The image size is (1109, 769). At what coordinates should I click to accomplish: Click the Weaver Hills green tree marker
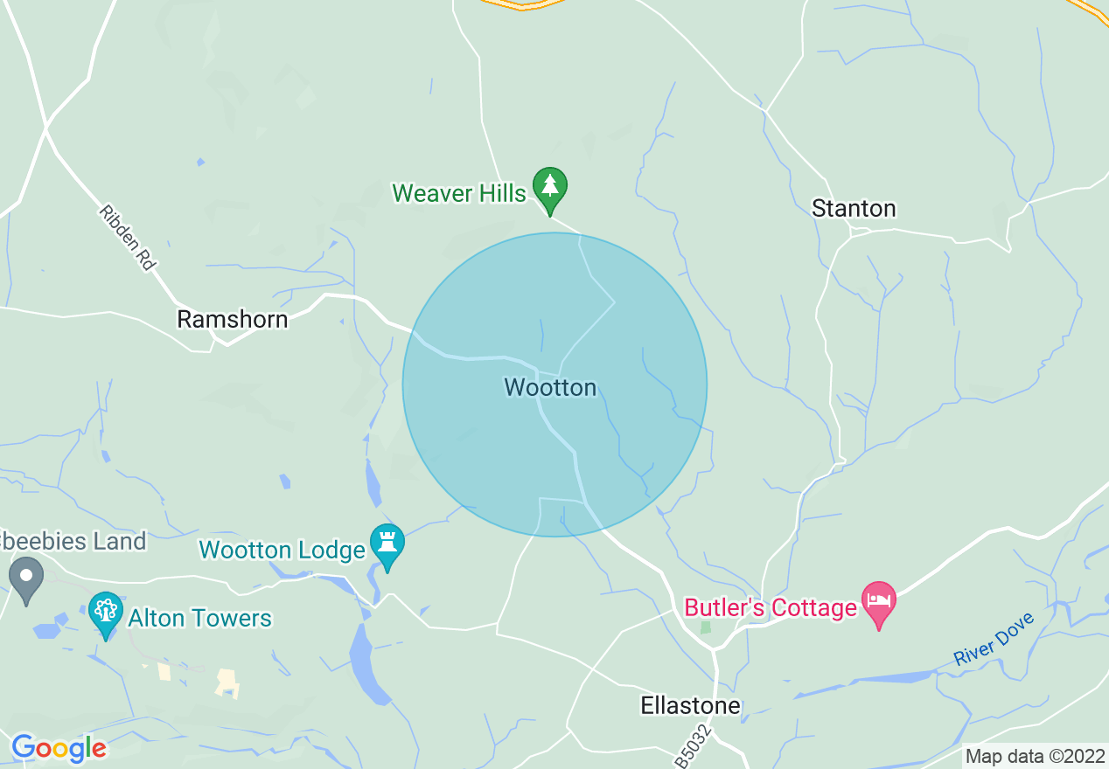point(550,186)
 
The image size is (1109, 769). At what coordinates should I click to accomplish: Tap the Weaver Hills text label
point(459,193)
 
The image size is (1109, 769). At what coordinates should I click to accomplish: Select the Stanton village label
point(854,209)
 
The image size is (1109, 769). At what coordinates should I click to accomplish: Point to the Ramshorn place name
point(233,319)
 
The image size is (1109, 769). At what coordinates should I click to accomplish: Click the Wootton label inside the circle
point(550,387)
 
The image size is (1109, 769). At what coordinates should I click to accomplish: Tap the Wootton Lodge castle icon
point(387,544)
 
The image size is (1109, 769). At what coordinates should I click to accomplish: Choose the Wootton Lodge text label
point(282,551)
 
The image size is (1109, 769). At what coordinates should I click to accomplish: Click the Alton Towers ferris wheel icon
point(106,611)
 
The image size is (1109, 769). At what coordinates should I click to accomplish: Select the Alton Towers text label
point(199,619)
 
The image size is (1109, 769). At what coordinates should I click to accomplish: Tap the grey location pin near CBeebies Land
point(26,577)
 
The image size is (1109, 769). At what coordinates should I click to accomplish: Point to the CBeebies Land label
point(73,542)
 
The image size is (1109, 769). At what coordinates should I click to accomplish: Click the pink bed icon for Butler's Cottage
point(879,601)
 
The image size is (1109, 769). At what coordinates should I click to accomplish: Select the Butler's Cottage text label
point(770,608)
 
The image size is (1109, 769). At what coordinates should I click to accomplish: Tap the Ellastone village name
point(690,705)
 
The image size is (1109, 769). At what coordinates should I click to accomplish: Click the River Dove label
point(994,640)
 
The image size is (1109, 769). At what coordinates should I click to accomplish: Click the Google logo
point(59,748)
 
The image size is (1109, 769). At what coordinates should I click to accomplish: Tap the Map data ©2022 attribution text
point(1036,756)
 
